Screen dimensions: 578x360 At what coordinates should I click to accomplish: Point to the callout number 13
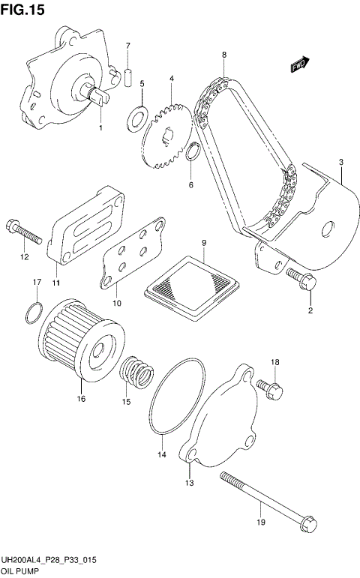pyautogui.click(x=190, y=483)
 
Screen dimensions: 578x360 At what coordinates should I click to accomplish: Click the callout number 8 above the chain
pyautogui.click(x=224, y=54)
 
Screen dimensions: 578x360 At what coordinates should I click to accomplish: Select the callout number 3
pyautogui.click(x=340, y=162)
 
